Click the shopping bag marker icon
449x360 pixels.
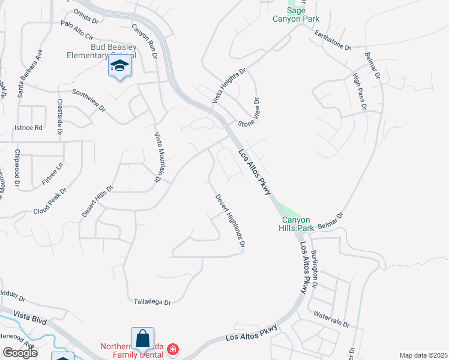142,340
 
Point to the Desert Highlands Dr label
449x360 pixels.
231,221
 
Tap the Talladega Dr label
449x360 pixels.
152,302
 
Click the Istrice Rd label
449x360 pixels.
29,127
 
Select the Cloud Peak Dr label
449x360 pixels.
50,201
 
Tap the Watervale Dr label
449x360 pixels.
331,319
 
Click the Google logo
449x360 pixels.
20,353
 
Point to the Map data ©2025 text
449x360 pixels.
423,355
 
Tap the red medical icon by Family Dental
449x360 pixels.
173,349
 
